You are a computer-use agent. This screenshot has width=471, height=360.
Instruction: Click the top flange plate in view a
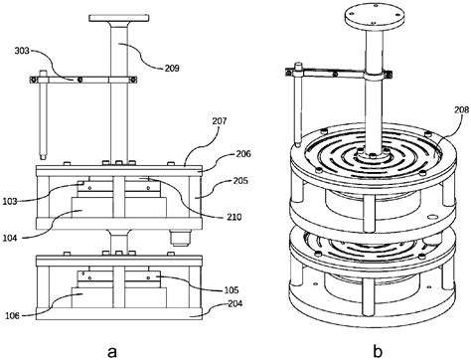pyautogui.click(x=120, y=17)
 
